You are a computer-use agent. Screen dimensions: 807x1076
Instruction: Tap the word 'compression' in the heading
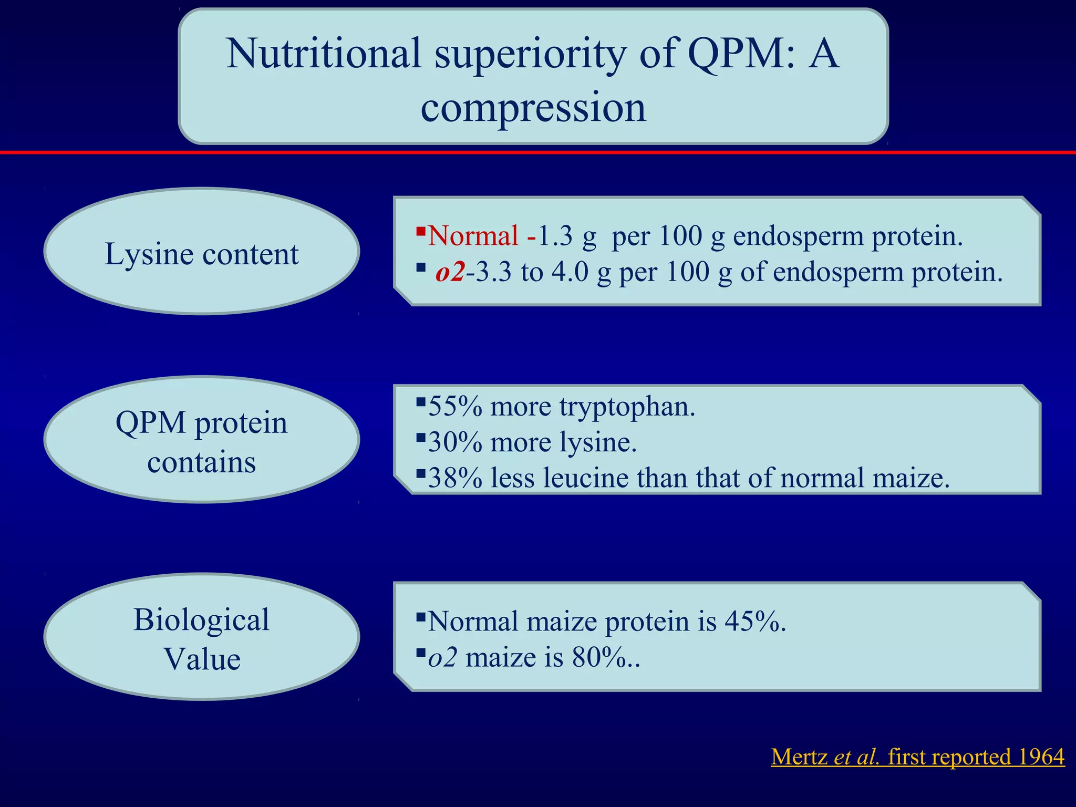coord(533,108)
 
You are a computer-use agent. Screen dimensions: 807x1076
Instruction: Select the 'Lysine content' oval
coord(202,252)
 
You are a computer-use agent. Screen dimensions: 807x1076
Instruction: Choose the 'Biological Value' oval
coord(202,637)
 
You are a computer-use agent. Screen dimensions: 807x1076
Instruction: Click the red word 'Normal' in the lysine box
coord(473,236)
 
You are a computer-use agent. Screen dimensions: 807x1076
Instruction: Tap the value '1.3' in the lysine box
coord(555,236)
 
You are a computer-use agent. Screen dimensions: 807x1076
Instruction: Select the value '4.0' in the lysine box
coord(570,272)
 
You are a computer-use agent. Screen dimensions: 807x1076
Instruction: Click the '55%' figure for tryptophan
coord(455,407)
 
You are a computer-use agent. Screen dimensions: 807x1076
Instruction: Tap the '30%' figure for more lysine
coord(455,442)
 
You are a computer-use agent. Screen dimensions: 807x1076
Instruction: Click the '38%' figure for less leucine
coord(455,478)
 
